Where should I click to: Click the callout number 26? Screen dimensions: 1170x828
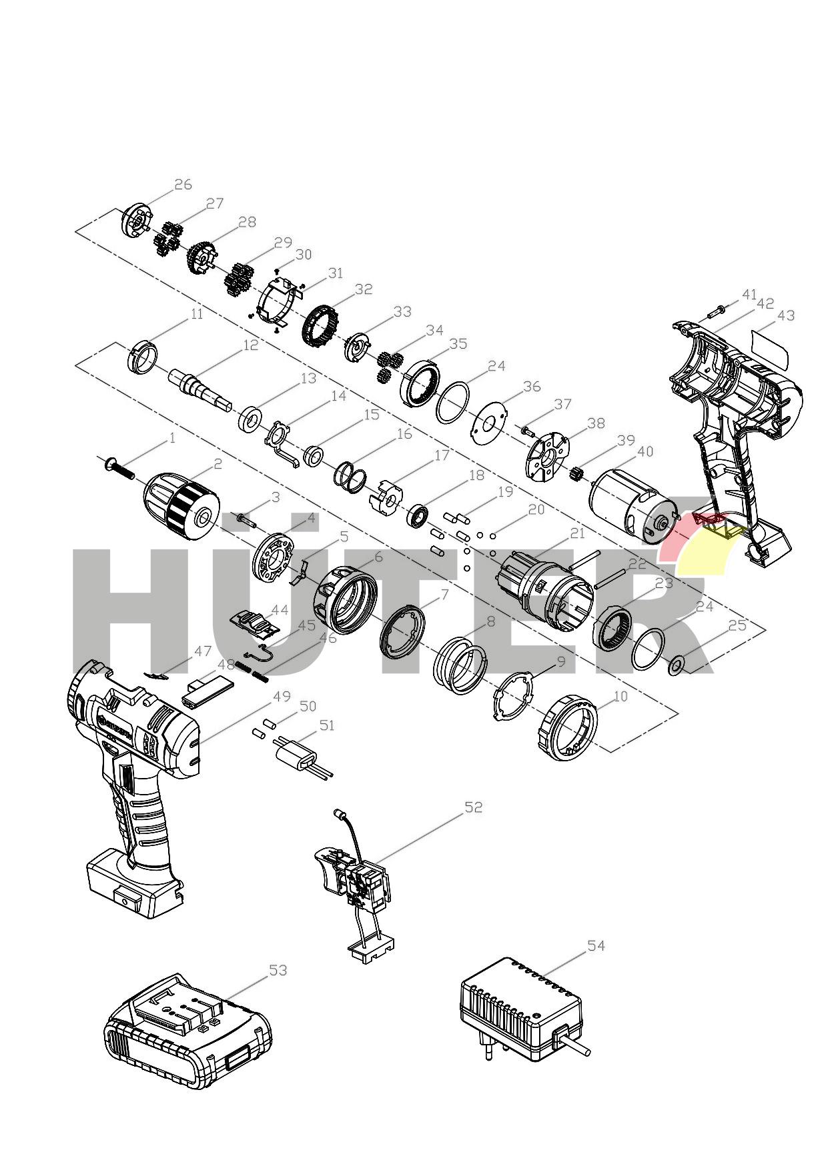pos(183,185)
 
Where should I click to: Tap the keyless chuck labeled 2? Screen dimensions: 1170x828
pos(181,504)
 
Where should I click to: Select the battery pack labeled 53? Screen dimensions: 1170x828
pos(188,1030)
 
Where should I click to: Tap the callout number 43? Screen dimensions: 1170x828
pos(787,315)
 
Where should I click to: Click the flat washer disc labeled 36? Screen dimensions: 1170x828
pos(489,423)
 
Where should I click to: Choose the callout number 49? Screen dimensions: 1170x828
pos(282,696)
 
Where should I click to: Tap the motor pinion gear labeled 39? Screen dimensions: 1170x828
pos(577,475)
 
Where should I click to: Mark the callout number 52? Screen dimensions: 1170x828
pos(473,807)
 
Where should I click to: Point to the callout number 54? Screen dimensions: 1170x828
pos(596,945)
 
